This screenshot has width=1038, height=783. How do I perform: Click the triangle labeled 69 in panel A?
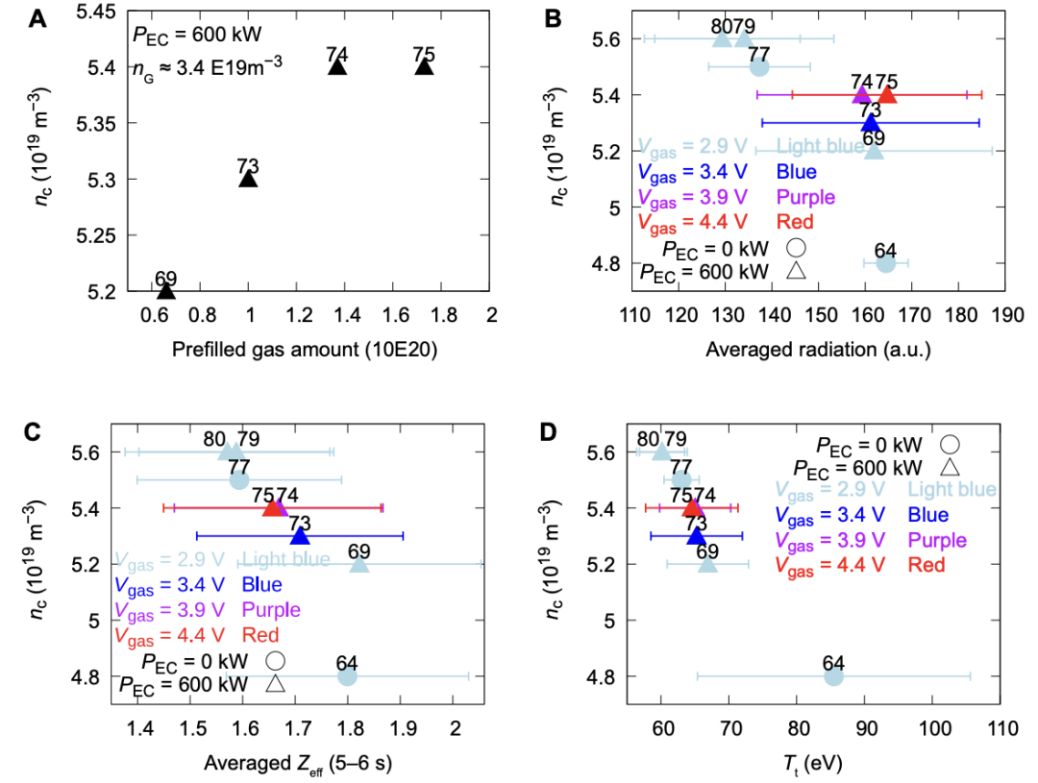coord(166,290)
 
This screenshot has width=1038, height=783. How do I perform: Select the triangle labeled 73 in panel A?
coord(248,179)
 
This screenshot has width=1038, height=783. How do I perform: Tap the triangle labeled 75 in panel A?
coord(424,66)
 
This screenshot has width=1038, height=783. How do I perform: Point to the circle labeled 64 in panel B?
coord(886,263)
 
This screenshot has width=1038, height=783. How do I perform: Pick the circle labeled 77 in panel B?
coord(759,66)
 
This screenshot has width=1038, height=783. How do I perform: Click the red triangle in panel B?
coord(887,94)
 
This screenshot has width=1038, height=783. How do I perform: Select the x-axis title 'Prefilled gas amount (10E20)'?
coord(306,351)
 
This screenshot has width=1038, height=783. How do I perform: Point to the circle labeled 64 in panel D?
coord(833,676)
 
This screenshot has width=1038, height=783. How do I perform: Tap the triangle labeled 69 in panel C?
coord(358,564)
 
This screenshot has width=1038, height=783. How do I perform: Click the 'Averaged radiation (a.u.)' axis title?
coord(818,351)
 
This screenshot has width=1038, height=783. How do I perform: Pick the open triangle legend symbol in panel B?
coord(795,272)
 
